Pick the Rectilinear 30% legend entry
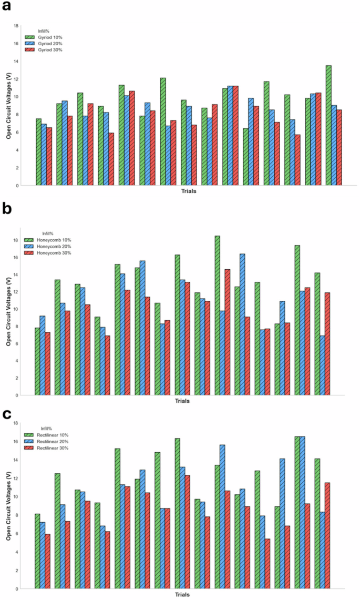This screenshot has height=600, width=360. pos(48,448)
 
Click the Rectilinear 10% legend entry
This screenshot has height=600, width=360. pos(48,435)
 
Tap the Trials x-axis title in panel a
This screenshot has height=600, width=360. pos(188,191)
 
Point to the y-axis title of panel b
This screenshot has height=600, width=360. pos(9,312)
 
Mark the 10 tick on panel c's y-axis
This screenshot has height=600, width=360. pos(16,497)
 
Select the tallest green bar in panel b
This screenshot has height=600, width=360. pos(217,316)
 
